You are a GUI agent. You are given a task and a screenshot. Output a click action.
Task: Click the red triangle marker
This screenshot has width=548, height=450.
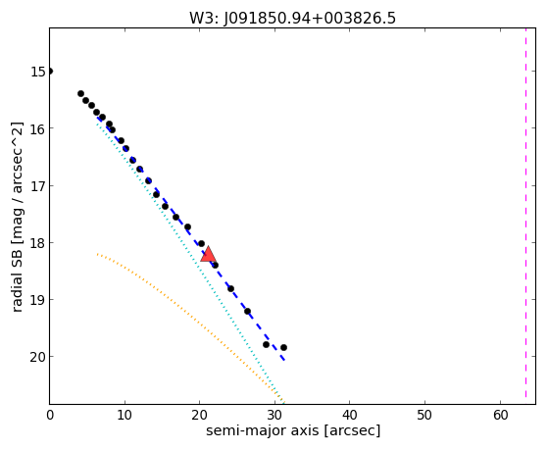[208, 254]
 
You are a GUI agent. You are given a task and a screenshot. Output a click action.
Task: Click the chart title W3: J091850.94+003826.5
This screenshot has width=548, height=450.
[292, 19]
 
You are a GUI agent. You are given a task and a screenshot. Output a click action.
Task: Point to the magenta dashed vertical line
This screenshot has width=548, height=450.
[525, 213]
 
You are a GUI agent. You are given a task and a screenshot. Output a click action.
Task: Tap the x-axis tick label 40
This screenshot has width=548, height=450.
[350, 416]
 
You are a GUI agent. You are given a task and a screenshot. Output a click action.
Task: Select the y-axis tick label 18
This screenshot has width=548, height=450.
[38, 243]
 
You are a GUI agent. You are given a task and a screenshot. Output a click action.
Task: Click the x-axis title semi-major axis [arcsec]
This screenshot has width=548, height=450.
[293, 430]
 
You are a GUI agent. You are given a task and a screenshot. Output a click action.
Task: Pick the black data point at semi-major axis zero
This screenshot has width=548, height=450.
[50, 72]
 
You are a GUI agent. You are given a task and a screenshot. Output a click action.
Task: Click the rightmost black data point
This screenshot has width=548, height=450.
[283, 348]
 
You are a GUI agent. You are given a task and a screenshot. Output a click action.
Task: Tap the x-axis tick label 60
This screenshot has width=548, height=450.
[501, 416]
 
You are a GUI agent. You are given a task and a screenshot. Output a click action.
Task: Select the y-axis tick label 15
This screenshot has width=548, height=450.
[38, 72]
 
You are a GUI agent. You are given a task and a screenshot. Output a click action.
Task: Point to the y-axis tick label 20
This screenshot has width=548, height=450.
[38, 357]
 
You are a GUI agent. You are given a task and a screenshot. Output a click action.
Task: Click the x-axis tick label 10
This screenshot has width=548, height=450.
[125, 416]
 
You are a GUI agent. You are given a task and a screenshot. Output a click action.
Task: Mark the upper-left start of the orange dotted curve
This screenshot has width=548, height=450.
[97, 254]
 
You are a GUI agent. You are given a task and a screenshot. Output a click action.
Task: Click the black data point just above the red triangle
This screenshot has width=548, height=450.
[201, 243]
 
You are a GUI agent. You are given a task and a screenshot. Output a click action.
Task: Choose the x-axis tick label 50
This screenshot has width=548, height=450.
[425, 416]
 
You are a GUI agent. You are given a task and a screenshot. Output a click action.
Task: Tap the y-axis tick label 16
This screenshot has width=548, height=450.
[38, 128]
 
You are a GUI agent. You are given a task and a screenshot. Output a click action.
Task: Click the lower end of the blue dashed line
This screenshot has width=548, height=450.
[285, 360]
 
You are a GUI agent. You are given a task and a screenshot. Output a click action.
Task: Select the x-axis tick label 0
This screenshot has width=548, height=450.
[50, 416]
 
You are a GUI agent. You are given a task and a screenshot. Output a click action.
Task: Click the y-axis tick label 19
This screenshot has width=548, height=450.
[38, 300]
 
